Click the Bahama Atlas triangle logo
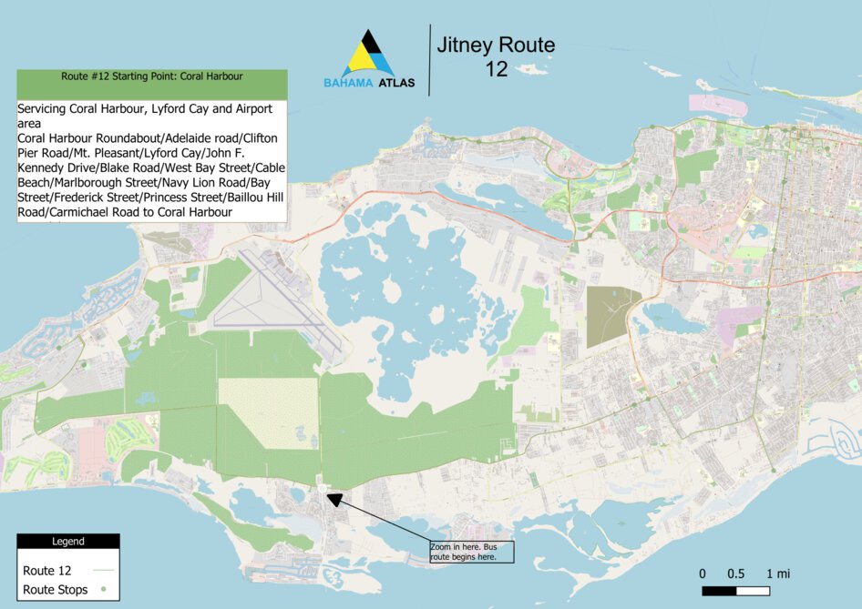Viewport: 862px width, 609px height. click(369, 55)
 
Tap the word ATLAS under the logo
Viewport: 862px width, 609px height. click(396, 83)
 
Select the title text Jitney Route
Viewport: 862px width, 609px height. click(495, 45)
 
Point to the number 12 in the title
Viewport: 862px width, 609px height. click(496, 70)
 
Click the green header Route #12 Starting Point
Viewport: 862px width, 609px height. click(151, 76)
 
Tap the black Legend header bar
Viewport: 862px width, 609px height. click(67, 542)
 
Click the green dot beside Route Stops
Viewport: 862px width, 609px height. click(103, 590)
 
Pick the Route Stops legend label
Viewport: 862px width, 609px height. click(55, 590)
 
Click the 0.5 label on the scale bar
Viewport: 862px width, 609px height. click(736, 573)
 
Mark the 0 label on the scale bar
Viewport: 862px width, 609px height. click(703, 573)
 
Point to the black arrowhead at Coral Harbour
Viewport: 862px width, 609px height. click(334, 499)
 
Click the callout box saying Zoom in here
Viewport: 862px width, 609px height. click(471, 552)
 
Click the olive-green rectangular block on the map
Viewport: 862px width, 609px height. click(612, 316)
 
